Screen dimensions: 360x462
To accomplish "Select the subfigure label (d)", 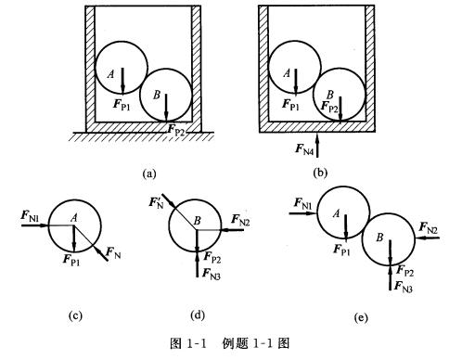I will pyautogui.click(x=197, y=315).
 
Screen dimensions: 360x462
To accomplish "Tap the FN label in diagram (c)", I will pyautogui.click(x=113, y=251).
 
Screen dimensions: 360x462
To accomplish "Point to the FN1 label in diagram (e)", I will pyautogui.click(x=301, y=202).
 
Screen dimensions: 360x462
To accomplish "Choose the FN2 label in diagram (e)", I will pyautogui.click(x=430, y=227).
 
